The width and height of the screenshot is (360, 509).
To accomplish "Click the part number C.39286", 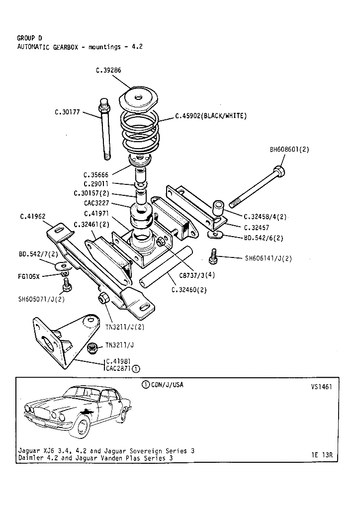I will [x=108, y=71].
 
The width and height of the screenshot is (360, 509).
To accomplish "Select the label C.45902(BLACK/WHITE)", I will [x=211, y=116].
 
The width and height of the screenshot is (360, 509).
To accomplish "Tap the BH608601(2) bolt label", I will [x=289, y=149].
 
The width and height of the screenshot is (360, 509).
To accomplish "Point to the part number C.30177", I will [x=67, y=112].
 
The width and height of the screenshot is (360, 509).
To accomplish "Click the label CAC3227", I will [x=97, y=203].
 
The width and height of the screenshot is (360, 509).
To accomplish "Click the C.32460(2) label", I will [x=189, y=290].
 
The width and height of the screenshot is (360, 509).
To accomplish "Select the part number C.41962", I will [x=33, y=216].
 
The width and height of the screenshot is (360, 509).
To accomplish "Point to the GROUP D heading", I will [x=29, y=38].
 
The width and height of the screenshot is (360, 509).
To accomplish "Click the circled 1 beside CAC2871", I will [x=136, y=369].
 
